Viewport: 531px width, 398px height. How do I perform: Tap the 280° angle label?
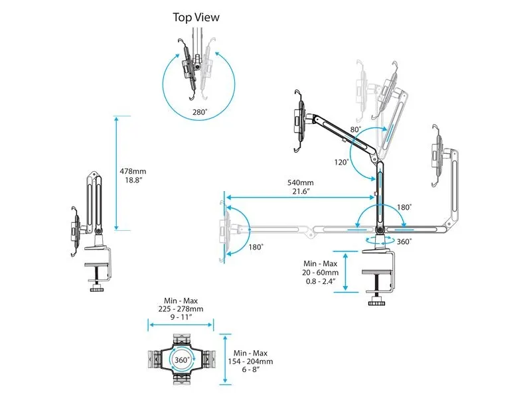[x=200, y=113]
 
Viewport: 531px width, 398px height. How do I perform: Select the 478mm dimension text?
[x=133, y=171]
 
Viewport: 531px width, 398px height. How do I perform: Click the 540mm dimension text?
[x=300, y=182]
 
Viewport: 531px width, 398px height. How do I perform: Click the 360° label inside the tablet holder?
[x=181, y=360]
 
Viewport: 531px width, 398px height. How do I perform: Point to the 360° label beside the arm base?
[x=402, y=242]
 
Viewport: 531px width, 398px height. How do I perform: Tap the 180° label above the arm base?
[x=404, y=208]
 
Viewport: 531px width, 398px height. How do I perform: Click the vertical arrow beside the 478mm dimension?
[x=116, y=173]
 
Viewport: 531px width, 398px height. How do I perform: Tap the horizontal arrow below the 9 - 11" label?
[x=181, y=324]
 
